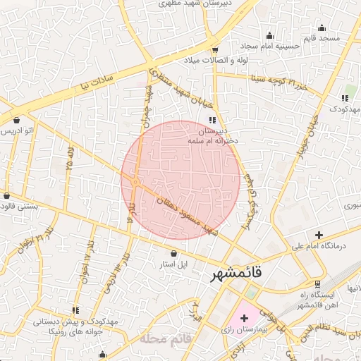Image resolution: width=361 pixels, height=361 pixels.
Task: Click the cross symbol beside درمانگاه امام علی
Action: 319,235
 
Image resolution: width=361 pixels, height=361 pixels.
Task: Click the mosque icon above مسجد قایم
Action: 322,28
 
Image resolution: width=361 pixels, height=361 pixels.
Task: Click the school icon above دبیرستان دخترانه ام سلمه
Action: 212,120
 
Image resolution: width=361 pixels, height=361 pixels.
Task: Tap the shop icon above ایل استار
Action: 173,252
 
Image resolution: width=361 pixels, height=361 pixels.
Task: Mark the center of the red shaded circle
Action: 181,180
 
